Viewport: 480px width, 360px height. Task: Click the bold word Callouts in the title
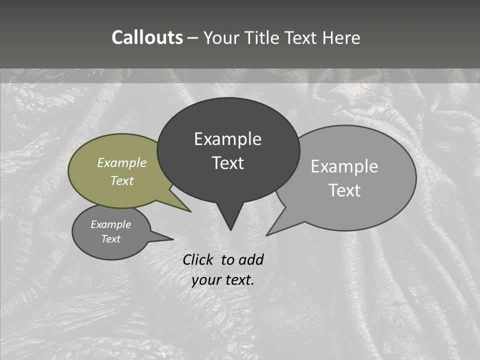147,37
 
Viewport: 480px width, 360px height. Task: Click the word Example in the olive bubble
121,162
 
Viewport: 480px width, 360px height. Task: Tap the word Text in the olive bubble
121,180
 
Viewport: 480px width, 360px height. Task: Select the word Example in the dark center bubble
227,139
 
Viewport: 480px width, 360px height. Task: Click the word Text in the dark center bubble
227,163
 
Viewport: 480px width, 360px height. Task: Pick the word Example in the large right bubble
344,166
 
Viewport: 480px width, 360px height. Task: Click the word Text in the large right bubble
345,190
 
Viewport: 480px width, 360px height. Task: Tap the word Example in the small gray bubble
110,224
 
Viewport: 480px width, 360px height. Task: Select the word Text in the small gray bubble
110,239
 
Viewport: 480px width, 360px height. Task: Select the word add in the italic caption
250,259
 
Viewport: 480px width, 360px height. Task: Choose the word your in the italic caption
205,280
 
